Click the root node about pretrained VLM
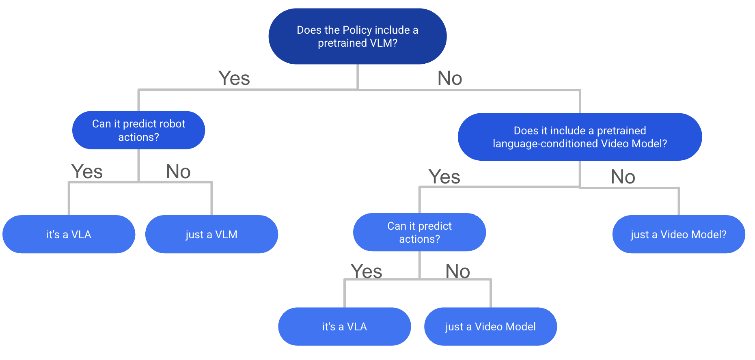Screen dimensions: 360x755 click(357, 37)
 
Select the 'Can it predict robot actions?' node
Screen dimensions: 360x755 click(138, 130)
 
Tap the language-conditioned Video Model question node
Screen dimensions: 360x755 click(580, 137)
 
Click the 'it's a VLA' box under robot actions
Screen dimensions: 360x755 click(69, 235)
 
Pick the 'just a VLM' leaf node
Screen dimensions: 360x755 click(211, 235)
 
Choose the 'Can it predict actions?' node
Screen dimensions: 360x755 click(419, 233)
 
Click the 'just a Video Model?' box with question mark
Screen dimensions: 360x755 click(678, 235)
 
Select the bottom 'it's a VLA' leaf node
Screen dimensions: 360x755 click(344, 327)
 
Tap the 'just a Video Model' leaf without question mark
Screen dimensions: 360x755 click(490, 327)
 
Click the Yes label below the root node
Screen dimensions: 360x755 click(234, 78)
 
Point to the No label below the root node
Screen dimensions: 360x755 click(450, 78)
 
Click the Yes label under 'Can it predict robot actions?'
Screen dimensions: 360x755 click(87, 171)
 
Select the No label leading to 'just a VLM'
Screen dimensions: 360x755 click(178, 171)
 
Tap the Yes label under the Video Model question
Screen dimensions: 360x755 click(444, 177)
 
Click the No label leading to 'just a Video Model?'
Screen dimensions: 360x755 click(623, 177)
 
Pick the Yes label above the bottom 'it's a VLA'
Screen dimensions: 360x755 click(366, 271)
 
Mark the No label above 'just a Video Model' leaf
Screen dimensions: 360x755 click(457, 271)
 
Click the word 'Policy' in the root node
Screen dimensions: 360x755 click(357, 30)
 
